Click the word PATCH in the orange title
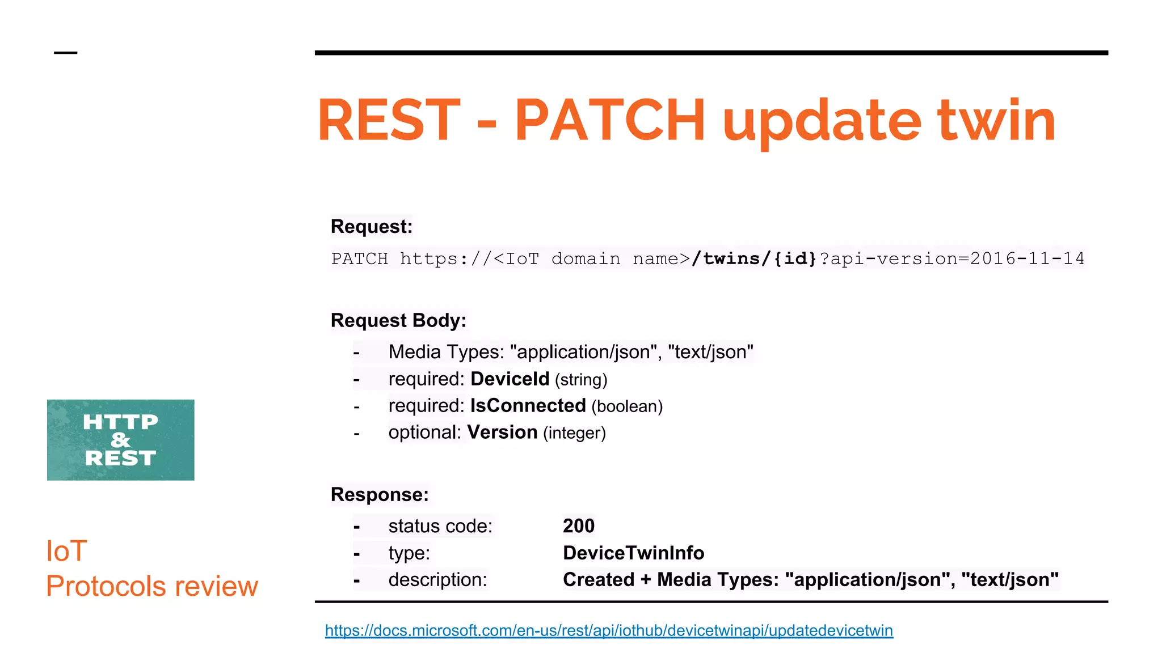[x=609, y=120]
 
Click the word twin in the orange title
[x=996, y=120]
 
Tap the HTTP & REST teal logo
[x=120, y=440]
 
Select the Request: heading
[x=371, y=227]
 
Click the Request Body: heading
[x=398, y=321]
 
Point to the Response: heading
[x=380, y=495]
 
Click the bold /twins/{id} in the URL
[x=754, y=259]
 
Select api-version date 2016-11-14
[x=1027, y=259]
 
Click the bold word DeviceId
[x=510, y=379]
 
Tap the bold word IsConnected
[x=528, y=406]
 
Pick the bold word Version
[x=502, y=432]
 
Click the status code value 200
[x=578, y=526]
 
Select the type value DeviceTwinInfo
[x=633, y=553]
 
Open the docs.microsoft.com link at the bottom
[x=609, y=630]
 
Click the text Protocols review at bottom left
[x=152, y=586]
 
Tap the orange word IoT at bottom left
[x=66, y=551]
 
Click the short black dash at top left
[x=65, y=53]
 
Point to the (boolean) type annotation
[x=627, y=406]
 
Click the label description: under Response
[x=437, y=580]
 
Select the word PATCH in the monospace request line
[x=359, y=259]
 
